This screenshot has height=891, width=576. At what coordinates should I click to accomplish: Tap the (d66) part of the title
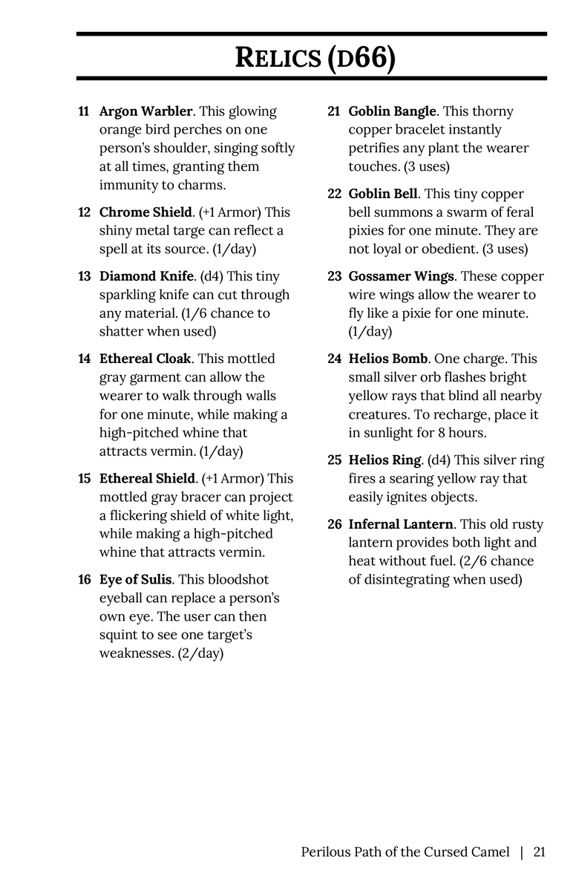click(361, 58)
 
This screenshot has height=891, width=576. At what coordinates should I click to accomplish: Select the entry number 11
click(84, 111)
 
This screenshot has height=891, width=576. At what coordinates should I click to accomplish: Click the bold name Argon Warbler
click(145, 111)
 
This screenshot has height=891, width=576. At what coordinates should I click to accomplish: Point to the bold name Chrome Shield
click(145, 212)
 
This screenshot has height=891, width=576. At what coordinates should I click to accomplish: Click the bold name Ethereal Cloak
click(145, 359)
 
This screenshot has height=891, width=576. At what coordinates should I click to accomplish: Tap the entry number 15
click(84, 479)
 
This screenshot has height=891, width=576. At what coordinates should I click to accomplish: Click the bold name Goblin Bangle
click(393, 111)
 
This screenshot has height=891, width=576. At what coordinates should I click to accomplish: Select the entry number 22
click(334, 194)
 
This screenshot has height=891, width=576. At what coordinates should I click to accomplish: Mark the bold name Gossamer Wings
click(402, 276)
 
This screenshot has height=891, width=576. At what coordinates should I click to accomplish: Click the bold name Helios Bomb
click(388, 359)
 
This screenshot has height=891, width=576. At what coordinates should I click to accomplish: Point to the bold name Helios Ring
click(385, 460)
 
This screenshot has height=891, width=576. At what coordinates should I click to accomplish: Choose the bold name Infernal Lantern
click(401, 524)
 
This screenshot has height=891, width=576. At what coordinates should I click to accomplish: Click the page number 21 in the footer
click(539, 852)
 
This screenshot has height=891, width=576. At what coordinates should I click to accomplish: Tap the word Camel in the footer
click(490, 852)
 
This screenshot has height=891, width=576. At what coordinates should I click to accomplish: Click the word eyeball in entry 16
click(124, 598)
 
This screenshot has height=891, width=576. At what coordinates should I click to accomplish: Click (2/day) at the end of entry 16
click(200, 653)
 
